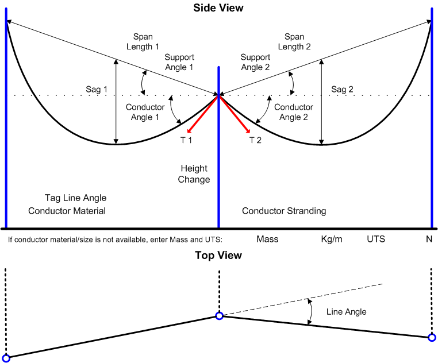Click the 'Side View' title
click(x=218, y=8)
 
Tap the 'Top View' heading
click(x=218, y=256)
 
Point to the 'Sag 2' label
click(x=343, y=90)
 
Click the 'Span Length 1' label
click(x=142, y=41)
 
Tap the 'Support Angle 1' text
click(x=179, y=62)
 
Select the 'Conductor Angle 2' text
click(x=294, y=112)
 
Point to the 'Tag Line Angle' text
click(x=75, y=198)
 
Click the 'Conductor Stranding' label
click(x=284, y=211)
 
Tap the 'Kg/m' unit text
click(x=332, y=238)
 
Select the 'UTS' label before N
click(x=377, y=238)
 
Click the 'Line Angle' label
click(x=346, y=312)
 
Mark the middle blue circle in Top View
click(x=219, y=315)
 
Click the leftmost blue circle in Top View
click(x=6, y=358)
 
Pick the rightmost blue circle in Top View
click(x=432, y=337)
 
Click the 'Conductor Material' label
click(x=67, y=211)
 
